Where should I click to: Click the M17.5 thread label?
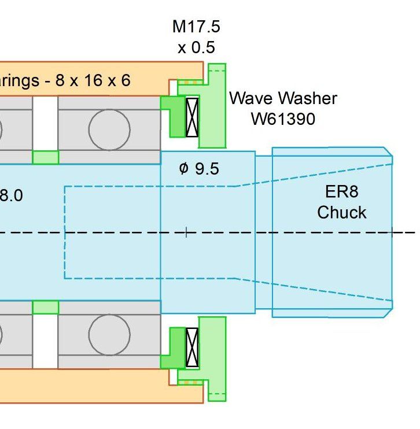(x=196, y=27)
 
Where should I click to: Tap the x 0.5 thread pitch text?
(x=196, y=47)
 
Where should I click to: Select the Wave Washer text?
(x=283, y=98)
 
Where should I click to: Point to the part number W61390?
(x=283, y=119)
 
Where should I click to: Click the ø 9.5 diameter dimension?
(x=199, y=169)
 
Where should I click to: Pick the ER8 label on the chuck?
(x=342, y=193)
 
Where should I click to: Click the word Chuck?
(x=342, y=212)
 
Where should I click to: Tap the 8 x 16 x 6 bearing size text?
(x=93, y=80)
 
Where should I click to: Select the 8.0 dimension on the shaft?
(x=12, y=195)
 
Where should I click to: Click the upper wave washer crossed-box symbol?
(x=191, y=117)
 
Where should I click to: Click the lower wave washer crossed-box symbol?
(x=191, y=348)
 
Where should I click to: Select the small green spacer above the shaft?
(x=45, y=157)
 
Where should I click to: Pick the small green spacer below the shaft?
(x=45, y=307)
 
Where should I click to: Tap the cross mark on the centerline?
(x=186, y=233)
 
